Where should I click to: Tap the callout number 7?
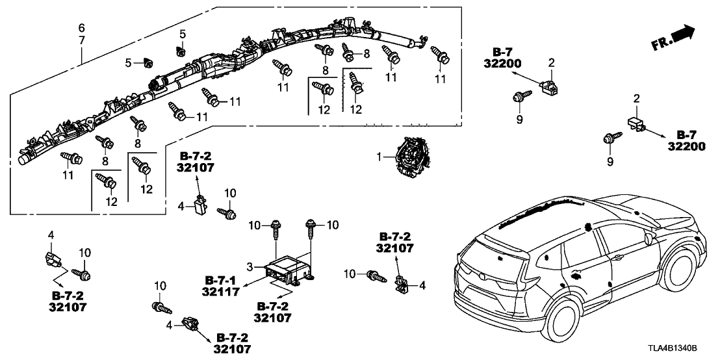click(x=81, y=41)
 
